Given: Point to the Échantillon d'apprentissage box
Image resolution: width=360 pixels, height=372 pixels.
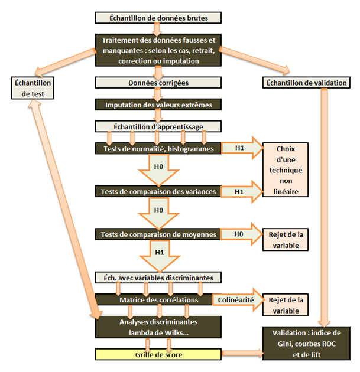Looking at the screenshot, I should tap(158, 126).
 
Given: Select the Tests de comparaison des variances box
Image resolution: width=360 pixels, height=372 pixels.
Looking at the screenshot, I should tap(158, 191).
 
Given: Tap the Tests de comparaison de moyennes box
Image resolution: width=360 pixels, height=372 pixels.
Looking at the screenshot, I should tap(158, 234).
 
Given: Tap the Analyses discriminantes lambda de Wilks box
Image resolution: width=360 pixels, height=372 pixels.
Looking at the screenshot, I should tap(158, 327).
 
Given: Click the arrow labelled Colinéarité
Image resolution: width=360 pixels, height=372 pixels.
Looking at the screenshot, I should tap(235, 300).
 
